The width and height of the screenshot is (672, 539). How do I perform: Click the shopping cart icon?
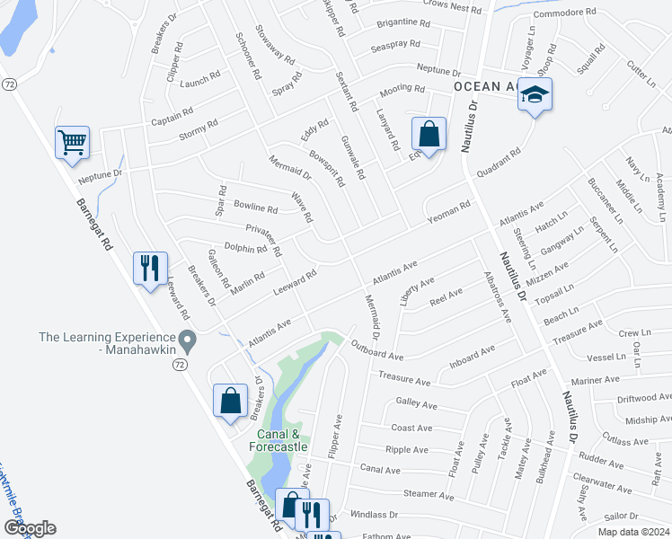coord(72,141)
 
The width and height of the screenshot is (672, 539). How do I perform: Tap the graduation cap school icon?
coord(535,94)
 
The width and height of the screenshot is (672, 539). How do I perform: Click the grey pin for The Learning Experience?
coord(187,340)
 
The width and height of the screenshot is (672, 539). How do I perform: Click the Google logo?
coord(30,527)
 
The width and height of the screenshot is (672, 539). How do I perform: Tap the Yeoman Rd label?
coord(449,212)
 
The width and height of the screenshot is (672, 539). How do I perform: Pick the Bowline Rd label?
coord(255,207)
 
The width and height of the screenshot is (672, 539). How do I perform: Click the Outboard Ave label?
coord(377,349)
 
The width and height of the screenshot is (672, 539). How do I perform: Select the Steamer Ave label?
coord(429,494)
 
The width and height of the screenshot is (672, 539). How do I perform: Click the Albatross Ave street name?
coord(497,296)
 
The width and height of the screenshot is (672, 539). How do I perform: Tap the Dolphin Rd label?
coord(245,248)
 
